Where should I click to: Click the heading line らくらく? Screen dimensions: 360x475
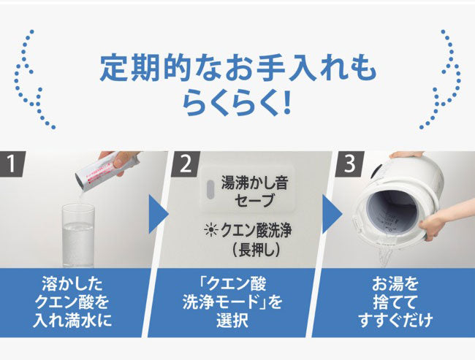click(x=237, y=102)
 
